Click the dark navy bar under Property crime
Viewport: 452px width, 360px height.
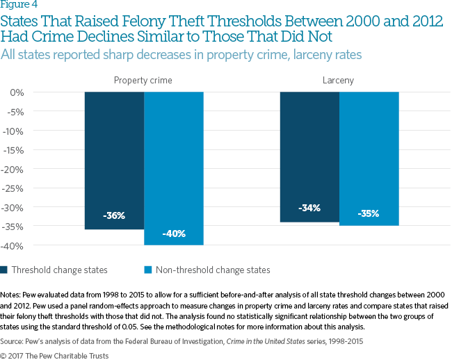[x=114, y=160]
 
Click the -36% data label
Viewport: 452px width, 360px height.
[x=114, y=215]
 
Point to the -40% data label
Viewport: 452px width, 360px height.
[x=173, y=234]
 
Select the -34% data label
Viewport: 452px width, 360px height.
[x=309, y=208]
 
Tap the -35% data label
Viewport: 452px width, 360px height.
[x=369, y=213]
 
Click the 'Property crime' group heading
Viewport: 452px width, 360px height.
[x=143, y=81]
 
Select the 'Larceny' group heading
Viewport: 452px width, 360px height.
[x=339, y=81]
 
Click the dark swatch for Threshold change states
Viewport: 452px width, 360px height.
[x=5, y=270]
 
